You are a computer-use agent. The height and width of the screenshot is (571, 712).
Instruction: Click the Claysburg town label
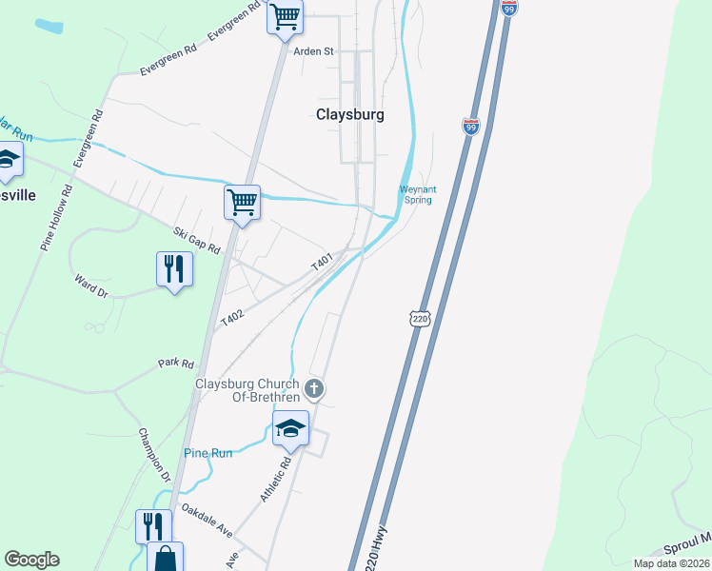click(350, 114)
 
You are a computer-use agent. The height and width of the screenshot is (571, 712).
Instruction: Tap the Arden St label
click(313, 51)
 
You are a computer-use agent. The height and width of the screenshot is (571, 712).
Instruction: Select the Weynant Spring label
click(416, 195)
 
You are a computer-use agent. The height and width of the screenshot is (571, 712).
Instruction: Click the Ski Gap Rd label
click(197, 239)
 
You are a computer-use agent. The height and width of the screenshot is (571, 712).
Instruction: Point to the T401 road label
click(322, 261)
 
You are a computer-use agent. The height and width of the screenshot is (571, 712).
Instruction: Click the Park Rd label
click(176, 364)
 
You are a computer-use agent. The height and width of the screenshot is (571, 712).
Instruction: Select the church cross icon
click(315, 388)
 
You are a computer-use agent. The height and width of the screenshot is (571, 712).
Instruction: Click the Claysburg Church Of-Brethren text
click(247, 390)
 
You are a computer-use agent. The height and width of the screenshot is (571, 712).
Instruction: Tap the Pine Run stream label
click(208, 453)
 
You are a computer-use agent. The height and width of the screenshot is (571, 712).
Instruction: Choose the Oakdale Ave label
click(207, 520)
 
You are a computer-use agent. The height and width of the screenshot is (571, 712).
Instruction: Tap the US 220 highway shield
click(421, 318)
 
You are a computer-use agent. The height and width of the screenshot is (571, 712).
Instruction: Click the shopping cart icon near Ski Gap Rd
click(243, 203)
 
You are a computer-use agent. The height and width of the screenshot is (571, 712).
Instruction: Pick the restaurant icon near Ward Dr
click(174, 269)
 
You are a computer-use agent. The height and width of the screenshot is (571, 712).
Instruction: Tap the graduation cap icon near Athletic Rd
click(290, 429)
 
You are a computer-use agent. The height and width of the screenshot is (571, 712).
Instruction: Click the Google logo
click(31, 560)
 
